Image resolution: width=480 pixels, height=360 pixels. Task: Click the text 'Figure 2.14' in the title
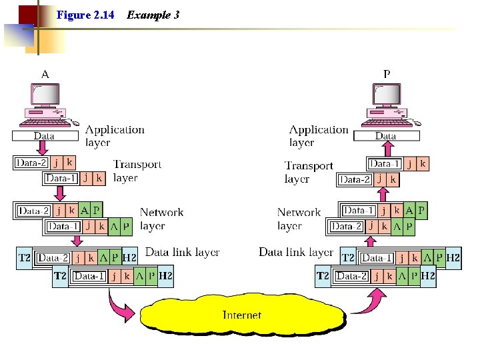coord(85,15)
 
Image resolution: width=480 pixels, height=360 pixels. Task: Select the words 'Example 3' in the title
coord(153,15)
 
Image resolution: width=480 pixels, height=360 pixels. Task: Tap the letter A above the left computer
coord(45,74)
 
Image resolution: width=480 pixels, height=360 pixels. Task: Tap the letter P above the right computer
coord(387,74)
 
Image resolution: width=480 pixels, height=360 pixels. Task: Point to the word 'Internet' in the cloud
coord(241,315)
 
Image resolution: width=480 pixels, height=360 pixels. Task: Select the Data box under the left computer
coord(44,136)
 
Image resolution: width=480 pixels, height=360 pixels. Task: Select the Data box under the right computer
coord(385,136)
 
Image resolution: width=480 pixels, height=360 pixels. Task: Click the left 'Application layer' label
coord(114,136)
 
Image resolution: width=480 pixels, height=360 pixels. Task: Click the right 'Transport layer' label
coord(308,172)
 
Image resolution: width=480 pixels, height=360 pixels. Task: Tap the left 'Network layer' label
coord(161,219)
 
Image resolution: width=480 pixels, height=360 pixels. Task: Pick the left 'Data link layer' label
coord(182,252)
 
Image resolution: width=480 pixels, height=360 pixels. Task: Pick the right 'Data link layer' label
coord(295,252)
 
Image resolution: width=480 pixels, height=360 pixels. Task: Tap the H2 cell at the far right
coord(453,258)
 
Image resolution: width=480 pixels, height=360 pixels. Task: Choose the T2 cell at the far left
coord(25,258)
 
